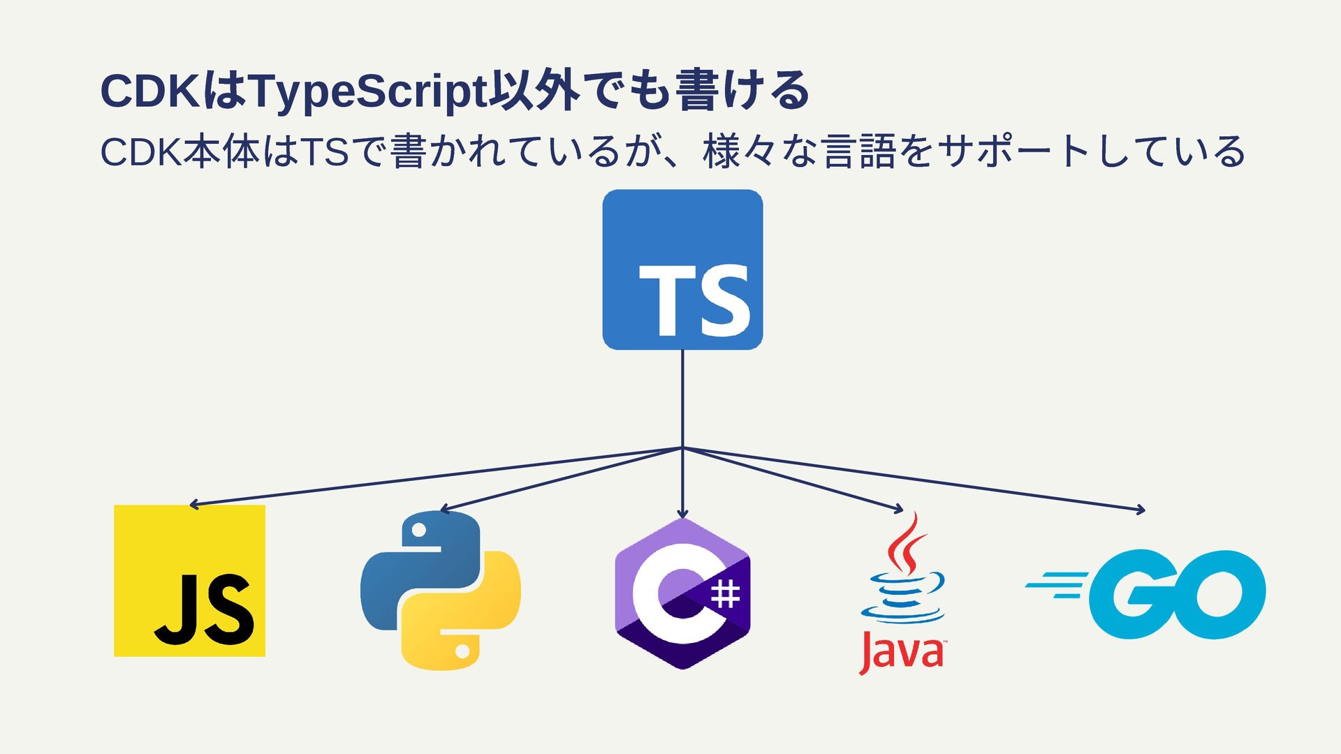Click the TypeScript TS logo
(682, 269)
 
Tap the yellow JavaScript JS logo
(189, 580)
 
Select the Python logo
(440, 591)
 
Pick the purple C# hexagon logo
(682, 593)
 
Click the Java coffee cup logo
(902, 593)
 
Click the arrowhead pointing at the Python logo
(443, 510)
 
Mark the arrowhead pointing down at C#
(682, 515)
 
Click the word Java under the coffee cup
(902, 653)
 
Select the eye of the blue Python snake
(419, 531)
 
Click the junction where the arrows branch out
(682, 448)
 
